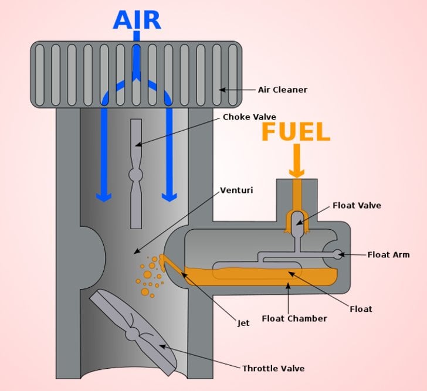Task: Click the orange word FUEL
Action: coord(296,132)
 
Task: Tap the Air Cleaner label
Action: coord(283,90)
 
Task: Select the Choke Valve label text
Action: coord(249,117)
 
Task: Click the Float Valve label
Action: coord(357,205)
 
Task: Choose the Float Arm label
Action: coord(388,254)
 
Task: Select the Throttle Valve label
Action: coord(273,368)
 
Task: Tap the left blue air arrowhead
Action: coord(104,196)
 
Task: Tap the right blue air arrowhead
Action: coord(170,196)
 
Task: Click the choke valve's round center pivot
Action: coord(136,175)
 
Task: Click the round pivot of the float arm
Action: coord(337,254)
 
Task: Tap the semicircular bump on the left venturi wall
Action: coord(96,251)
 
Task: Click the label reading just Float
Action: coord(360,308)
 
